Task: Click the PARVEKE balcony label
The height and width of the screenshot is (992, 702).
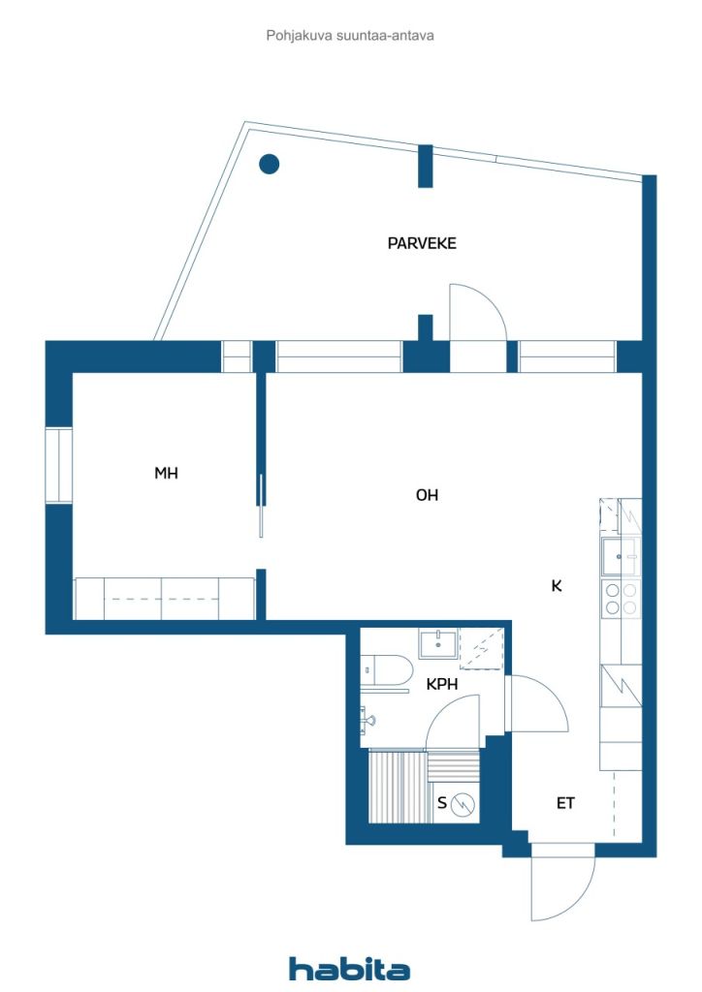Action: [x=422, y=243]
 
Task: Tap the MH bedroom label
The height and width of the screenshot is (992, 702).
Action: [x=167, y=473]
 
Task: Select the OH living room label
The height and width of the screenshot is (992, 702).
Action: [x=428, y=495]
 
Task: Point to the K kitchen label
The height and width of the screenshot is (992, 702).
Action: [x=557, y=586]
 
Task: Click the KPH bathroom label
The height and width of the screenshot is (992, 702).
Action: [x=442, y=684]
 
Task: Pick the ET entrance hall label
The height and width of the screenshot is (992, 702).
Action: [x=565, y=803]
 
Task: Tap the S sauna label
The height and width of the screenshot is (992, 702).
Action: [x=442, y=803]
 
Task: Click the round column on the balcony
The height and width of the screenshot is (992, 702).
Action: [x=269, y=164]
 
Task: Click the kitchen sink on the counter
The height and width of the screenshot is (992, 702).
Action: [x=621, y=557]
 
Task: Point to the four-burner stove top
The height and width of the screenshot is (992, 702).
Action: [x=621, y=599]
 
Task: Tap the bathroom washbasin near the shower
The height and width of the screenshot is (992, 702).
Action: [x=438, y=644]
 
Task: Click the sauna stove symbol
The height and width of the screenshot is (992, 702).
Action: [x=464, y=804]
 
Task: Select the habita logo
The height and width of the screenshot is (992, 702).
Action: [x=349, y=969]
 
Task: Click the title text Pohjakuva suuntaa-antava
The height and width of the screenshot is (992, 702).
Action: [x=350, y=36]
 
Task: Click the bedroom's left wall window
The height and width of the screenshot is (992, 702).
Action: [x=59, y=466]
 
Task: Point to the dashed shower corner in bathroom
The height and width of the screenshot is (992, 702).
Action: [x=481, y=648]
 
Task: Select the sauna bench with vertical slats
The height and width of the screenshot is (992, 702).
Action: [x=397, y=787]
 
